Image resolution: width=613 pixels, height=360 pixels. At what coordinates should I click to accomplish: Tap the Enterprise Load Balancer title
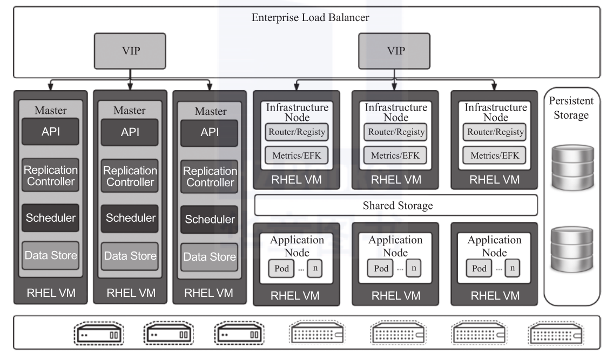point(310,18)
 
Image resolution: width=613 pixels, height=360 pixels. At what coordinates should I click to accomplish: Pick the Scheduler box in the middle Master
point(130,218)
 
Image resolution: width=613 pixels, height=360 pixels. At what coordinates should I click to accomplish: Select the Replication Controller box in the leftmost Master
point(51,174)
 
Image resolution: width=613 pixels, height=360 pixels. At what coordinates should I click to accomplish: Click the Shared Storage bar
point(396,206)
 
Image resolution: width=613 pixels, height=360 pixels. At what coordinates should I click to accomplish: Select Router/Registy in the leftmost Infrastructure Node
point(296,132)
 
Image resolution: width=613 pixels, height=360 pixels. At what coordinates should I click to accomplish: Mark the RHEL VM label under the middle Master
point(130,294)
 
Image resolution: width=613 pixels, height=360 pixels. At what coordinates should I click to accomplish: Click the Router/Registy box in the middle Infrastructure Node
point(396,132)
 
